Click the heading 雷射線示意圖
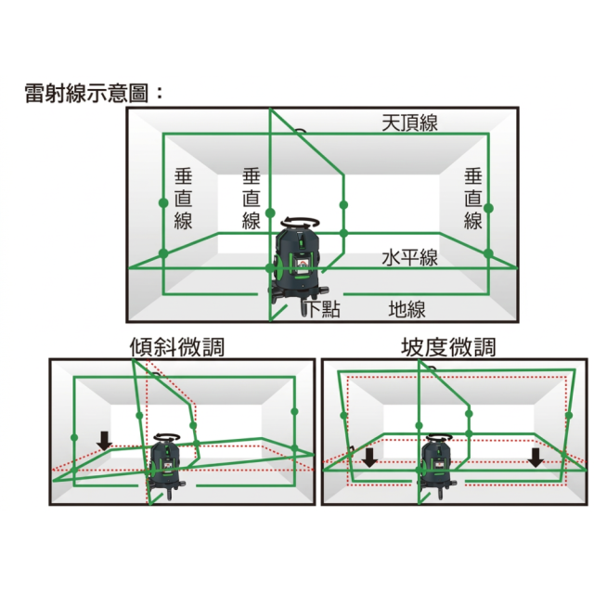86,93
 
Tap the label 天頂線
409,123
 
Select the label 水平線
409,258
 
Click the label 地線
407,309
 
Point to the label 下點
322,308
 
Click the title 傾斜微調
177,347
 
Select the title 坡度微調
448,347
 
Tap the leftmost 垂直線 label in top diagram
184,199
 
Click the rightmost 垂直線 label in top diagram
473,199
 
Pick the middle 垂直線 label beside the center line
252,199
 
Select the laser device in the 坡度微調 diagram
436,466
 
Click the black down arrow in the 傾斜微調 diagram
104,441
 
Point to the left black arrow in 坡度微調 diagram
369,458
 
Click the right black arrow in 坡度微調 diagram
536,458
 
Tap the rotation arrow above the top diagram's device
301,221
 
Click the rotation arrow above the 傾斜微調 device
168,436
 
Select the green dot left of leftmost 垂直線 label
163,202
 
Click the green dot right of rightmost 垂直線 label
489,208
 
